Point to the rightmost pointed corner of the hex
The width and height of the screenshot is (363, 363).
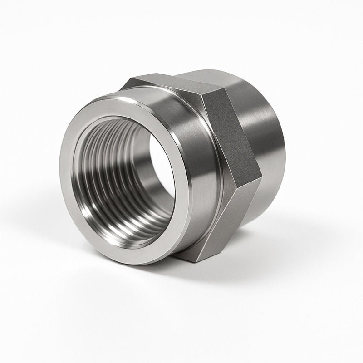point(262,175)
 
